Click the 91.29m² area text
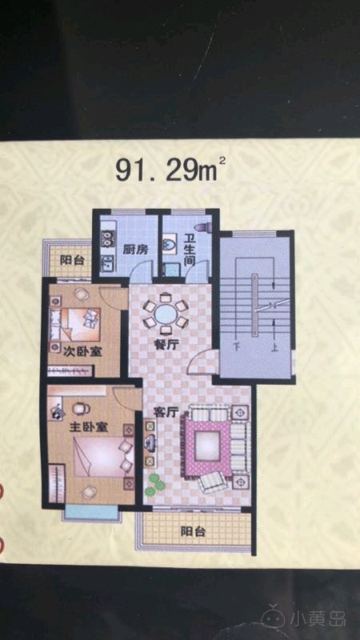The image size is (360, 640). click(x=170, y=170)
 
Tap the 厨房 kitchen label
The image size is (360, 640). click(x=135, y=250)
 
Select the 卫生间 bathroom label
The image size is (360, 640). click(x=188, y=250)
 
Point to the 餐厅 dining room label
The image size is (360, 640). click(x=167, y=345)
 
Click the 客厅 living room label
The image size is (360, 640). click(x=166, y=412)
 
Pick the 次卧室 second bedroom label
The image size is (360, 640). click(x=83, y=351)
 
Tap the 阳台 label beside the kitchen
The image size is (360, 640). click(x=72, y=261)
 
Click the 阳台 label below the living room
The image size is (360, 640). click(x=193, y=532)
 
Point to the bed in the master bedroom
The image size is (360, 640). click(x=103, y=456)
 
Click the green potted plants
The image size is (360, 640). click(x=154, y=485)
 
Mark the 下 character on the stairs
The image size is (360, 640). click(x=236, y=348)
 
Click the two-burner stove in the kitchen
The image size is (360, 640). click(x=107, y=239)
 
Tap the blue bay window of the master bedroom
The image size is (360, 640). click(x=92, y=513)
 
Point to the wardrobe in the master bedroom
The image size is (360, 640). click(x=56, y=484)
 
